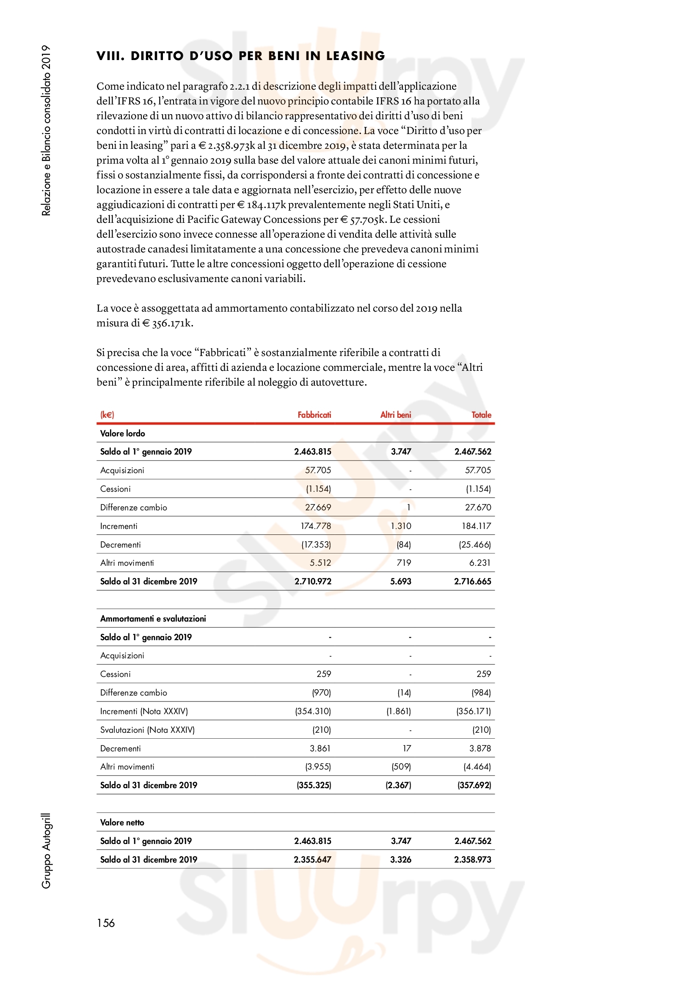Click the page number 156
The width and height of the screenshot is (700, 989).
click(106, 923)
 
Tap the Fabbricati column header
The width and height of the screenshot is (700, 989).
click(314, 415)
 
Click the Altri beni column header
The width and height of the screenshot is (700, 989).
click(395, 415)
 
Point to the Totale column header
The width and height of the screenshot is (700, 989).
click(481, 415)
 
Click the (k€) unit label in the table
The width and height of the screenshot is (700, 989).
click(107, 415)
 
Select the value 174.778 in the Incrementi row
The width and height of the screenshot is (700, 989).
click(316, 526)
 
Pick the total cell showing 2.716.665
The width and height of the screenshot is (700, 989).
click(472, 581)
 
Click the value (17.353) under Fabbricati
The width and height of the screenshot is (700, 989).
click(316, 545)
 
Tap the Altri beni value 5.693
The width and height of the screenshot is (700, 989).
click(400, 581)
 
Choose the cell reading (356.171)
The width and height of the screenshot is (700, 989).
click(473, 711)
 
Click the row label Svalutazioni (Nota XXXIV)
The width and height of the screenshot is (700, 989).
click(147, 730)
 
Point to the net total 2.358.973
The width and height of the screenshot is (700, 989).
click(472, 859)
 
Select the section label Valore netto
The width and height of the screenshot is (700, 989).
click(122, 822)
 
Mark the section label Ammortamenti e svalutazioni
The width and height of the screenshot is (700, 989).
click(153, 619)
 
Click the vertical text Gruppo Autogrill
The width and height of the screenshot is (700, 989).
click(46, 851)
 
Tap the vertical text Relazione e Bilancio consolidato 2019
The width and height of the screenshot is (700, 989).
click(46, 130)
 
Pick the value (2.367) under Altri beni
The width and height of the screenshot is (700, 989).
click(398, 785)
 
